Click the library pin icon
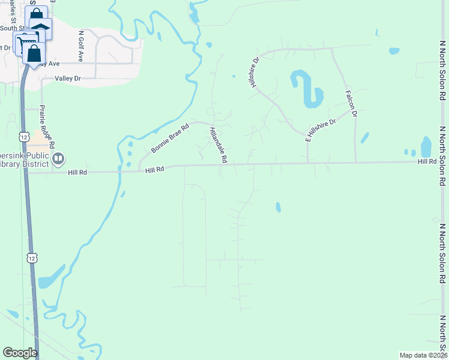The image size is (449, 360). tap(58, 159)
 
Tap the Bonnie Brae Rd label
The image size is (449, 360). tap(170, 138)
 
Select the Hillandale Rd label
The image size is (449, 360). tap(218, 145)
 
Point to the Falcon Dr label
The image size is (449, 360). tap(351, 104)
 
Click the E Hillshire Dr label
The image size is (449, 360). tap(321, 130)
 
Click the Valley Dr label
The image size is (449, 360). tap(67, 79)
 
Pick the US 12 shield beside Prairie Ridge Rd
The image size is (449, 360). tap(23, 137)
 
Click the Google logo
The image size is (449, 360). tap(20, 353)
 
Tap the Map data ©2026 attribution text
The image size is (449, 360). tap(423, 355)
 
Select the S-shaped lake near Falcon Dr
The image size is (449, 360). tap(307, 89)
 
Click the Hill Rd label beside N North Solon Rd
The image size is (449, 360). tap(427, 162)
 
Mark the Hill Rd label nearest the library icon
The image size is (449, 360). tap(77, 172)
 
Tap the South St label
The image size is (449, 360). tap(14, 28)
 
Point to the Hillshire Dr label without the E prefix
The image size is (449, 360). tap(254, 72)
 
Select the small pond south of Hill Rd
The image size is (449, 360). tap(278, 207)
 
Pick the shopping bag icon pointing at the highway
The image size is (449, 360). tap(34, 52)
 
